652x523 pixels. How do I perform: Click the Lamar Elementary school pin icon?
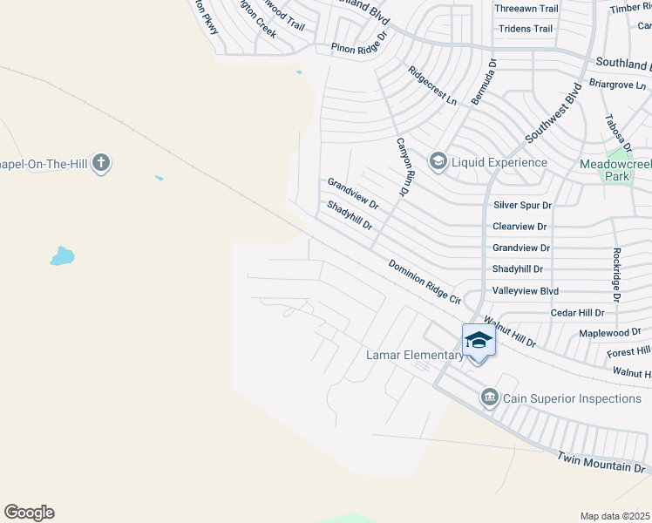click(479, 339)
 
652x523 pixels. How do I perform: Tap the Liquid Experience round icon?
click(438, 161)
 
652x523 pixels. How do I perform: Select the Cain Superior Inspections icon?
click(489, 398)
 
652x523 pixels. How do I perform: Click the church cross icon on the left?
click(101, 162)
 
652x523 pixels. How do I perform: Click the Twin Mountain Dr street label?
click(602, 462)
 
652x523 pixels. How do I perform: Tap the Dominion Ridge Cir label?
click(424, 282)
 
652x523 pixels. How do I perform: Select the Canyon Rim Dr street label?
click(403, 166)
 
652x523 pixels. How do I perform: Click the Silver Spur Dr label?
click(522, 205)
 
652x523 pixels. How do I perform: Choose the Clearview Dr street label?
click(520, 226)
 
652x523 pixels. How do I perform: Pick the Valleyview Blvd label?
click(525, 290)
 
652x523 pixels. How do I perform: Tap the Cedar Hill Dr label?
click(577, 312)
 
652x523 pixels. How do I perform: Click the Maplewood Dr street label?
click(609, 333)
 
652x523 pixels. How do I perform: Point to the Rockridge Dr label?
click(615, 274)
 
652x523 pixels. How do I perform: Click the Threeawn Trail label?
click(526, 9)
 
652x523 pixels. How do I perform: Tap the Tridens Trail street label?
click(525, 29)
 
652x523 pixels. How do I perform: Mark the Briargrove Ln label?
click(617, 84)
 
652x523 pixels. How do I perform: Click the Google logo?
click(30, 513)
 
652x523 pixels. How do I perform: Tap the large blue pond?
click(62, 256)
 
